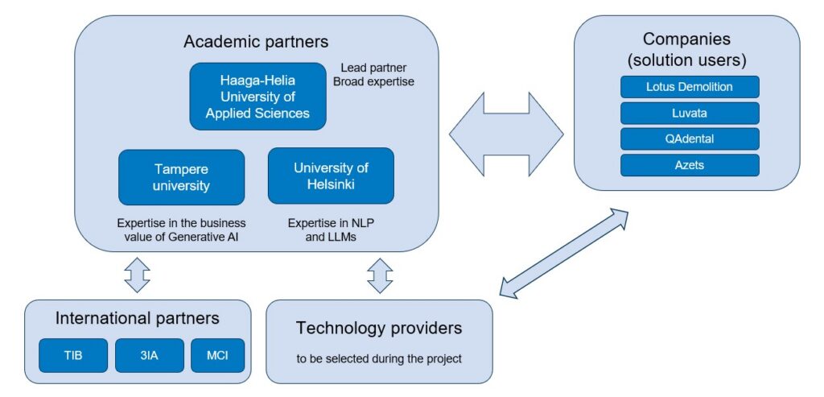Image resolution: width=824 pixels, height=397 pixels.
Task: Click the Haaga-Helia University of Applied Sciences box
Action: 257,97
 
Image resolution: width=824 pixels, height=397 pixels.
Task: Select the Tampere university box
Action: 181,176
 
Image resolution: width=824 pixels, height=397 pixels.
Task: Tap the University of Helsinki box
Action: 331,176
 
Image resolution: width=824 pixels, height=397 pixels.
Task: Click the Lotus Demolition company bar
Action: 690,86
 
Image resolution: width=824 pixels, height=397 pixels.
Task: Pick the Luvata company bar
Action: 690,113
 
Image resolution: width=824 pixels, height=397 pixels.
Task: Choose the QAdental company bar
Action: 690,139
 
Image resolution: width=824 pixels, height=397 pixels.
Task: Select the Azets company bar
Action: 690,165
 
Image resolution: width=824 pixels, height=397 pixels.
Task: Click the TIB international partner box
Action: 73,355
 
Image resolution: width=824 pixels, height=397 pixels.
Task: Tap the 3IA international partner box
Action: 149,355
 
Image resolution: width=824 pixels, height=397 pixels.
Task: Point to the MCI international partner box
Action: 217,355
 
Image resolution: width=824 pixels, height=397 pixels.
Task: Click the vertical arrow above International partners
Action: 137,275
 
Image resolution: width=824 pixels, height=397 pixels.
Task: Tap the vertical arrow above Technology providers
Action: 379,275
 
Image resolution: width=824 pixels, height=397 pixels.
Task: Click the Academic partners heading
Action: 256,41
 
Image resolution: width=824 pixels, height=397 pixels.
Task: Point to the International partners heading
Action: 137,318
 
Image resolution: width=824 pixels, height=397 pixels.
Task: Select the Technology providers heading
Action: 379,328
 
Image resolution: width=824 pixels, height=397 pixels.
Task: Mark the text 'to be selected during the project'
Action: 379,358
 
